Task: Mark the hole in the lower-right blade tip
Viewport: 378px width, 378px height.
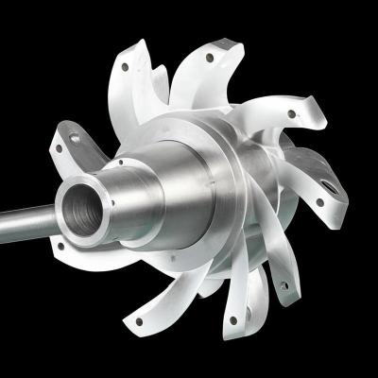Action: pyautogui.click(x=279, y=280)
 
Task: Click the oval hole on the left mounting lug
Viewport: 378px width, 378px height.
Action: pyautogui.click(x=75, y=139)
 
